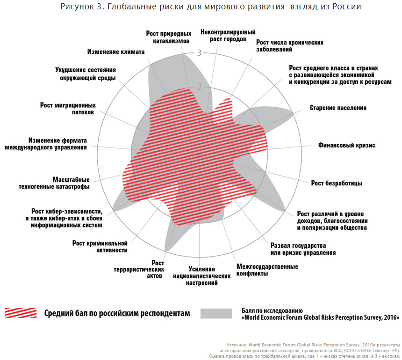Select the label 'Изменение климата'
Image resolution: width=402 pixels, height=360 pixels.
[x=115, y=51]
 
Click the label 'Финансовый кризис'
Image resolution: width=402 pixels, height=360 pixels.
[x=346, y=145]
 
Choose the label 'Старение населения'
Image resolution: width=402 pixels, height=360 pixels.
[x=338, y=108]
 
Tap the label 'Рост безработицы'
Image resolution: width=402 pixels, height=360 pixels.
[x=337, y=183]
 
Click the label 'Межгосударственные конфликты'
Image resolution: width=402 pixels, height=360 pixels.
[x=267, y=270]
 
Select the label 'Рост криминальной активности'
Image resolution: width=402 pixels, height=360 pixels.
[x=100, y=246]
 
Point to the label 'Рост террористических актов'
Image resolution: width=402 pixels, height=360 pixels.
[x=139, y=269]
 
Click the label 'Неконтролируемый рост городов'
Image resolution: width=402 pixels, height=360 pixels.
[x=228, y=36]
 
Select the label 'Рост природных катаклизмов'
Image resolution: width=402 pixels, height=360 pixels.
[x=168, y=37]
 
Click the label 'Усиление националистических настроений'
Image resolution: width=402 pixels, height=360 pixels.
[x=202, y=276]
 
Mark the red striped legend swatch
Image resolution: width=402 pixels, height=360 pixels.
[x=21, y=313]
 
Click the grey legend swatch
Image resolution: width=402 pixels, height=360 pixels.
[x=216, y=313]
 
